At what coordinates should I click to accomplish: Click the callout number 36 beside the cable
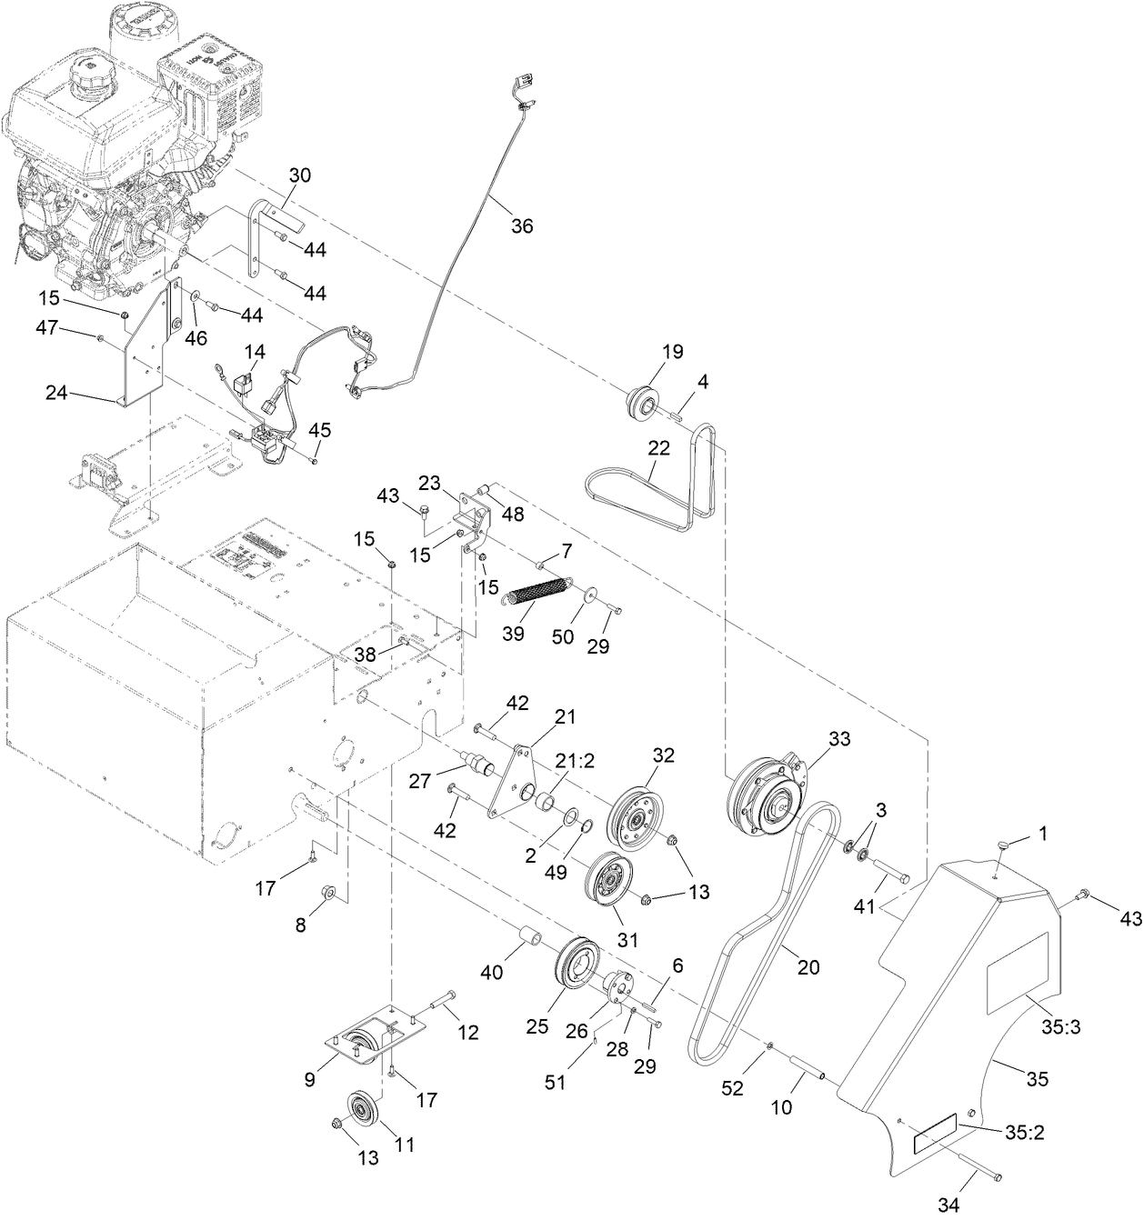click(522, 226)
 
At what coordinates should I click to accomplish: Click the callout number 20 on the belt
click(808, 967)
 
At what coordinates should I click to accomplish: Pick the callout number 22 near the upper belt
click(659, 448)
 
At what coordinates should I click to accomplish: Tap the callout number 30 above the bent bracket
click(299, 175)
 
